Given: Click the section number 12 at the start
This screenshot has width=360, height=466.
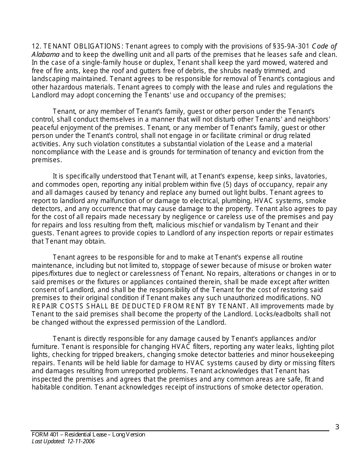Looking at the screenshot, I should click(x=36, y=47).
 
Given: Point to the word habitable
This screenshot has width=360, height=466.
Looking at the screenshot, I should click(x=47, y=388).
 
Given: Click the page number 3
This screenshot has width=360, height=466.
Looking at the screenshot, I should click(x=337, y=427).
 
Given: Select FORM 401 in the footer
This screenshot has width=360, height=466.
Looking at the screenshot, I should click(x=42, y=435).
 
